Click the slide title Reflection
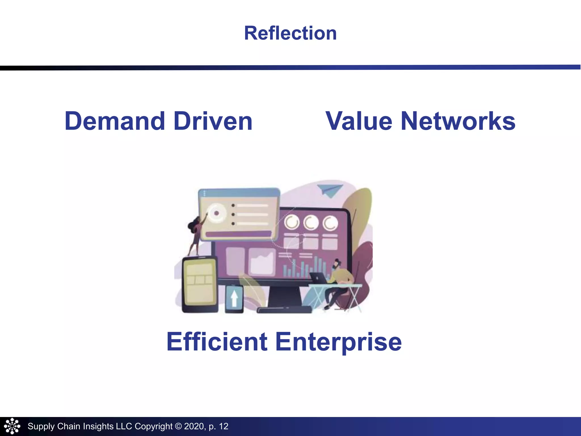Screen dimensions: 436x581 [x=290, y=33]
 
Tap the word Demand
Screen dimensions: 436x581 [x=115, y=121]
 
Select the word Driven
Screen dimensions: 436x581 [x=213, y=121]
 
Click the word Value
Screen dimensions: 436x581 [x=359, y=121]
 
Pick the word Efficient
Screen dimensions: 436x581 [x=217, y=342]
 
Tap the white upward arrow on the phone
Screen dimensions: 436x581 [x=234, y=298]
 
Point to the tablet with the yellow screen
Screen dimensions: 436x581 [x=200, y=284]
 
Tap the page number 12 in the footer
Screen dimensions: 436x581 [x=224, y=426]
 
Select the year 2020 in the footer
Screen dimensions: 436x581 [x=194, y=426]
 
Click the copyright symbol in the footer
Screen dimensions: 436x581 [x=178, y=426]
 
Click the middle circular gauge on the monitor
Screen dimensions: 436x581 [x=311, y=223]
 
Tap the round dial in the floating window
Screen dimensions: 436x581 [x=216, y=213]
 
